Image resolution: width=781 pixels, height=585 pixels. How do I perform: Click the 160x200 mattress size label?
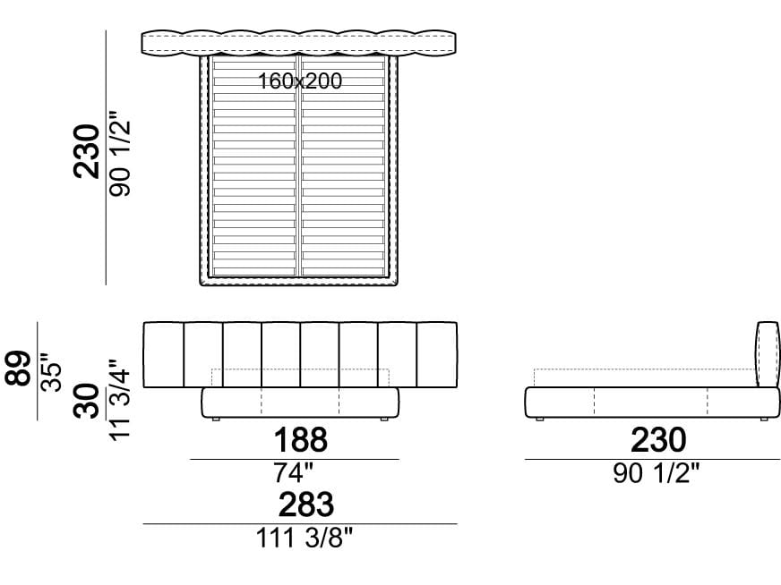click(x=300, y=81)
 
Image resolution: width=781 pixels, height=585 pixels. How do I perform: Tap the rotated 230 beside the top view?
click(x=87, y=151)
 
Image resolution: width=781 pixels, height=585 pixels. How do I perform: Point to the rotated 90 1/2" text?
click(x=120, y=153)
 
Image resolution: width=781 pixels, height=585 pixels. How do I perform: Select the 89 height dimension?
click(x=19, y=369)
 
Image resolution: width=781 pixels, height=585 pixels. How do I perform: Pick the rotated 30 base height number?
click(x=87, y=401)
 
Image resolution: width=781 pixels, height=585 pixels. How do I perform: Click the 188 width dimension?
click(x=301, y=440)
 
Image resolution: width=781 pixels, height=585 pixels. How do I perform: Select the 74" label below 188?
click(x=294, y=472)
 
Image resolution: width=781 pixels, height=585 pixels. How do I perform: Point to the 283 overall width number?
click(x=305, y=504)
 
